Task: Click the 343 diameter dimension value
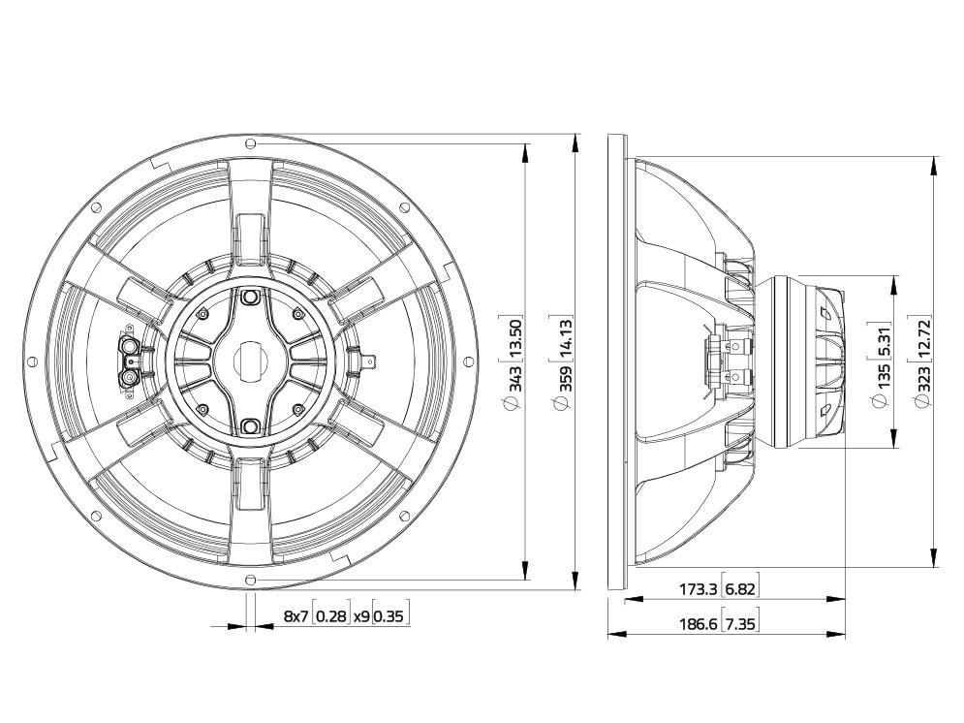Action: point(514,378)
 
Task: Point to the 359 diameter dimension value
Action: point(565,379)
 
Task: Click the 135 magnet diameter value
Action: point(884,376)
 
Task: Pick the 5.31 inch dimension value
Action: point(884,339)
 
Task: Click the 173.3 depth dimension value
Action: point(698,589)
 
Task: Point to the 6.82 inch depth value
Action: point(739,589)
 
